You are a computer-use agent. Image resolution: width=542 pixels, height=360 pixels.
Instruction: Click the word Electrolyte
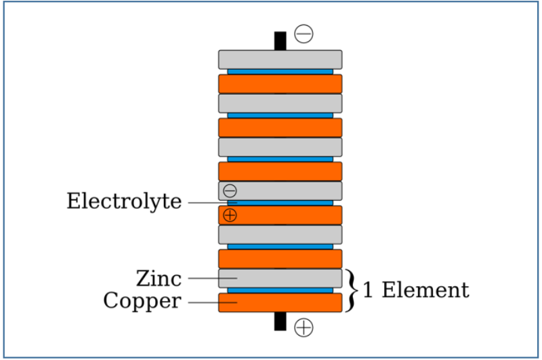coord(124,201)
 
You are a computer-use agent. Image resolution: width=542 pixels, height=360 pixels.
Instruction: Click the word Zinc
coord(159,278)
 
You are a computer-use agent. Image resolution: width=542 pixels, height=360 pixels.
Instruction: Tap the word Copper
coord(142,300)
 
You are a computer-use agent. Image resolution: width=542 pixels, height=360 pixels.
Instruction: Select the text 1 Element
coord(415,290)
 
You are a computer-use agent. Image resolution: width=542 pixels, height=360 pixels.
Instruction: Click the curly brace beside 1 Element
coord(350,290)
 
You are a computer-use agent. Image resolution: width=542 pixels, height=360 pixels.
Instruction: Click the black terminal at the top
coord(280,41)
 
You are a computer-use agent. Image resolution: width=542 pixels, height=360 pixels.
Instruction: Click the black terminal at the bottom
coord(280,321)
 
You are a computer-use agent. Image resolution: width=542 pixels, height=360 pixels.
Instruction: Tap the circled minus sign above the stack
coord(304,34)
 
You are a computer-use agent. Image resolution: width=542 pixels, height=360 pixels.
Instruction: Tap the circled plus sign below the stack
coord(304,327)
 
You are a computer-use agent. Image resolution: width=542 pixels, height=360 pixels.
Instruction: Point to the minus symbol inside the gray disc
coord(230,191)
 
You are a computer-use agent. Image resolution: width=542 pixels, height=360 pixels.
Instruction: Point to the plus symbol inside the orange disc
coord(230,216)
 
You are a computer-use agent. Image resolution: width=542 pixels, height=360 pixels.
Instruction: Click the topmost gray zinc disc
coord(280,59)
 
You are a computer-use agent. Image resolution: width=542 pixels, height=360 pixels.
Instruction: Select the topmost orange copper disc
coord(280,83)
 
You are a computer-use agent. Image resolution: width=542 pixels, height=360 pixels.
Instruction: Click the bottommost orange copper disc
coord(280,302)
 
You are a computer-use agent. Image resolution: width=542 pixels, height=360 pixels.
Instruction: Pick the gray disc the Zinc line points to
coord(280,278)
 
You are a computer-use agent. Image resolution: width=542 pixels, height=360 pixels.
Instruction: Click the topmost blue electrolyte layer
coord(280,71)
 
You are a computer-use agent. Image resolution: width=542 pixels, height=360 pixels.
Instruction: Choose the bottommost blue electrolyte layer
coord(280,290)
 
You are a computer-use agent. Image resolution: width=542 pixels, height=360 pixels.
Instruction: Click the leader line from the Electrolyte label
coord(207,202)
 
